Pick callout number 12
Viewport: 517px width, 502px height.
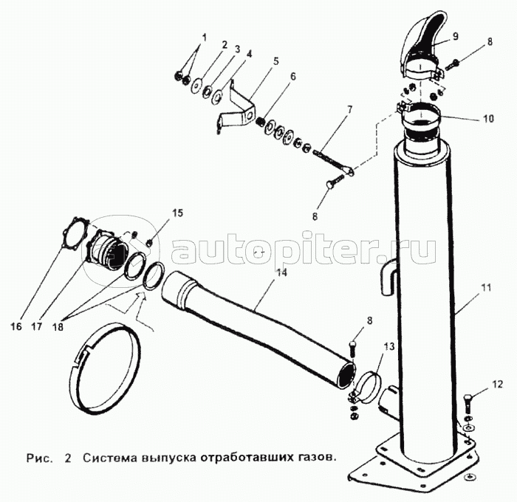pyautogui.click(x=496, y=384)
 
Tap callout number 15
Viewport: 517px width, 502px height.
pyautogui.click(x=177, y=214)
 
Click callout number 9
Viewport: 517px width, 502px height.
pyautogui.click(x=456, y=35)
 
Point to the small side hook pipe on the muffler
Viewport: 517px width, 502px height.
pyautogui.click(x=390, y=277)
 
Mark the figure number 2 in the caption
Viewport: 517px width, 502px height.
pyautogui.click(x=68, y=456)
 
